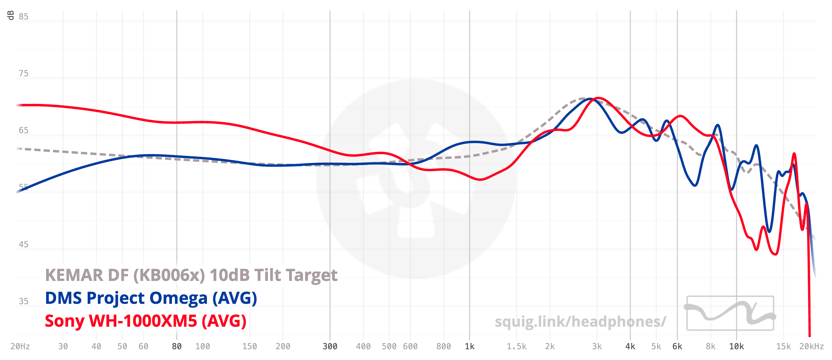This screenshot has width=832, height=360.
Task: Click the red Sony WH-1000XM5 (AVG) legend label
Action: click(x=146, y=321)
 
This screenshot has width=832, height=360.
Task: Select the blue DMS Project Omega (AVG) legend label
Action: click(x=151, y=298)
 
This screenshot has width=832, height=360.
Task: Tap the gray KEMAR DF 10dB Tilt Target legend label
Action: click(x=191, y=275)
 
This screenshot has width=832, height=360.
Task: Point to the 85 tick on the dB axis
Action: click(x=24, y=17)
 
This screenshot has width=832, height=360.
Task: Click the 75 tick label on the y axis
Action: click(x=24, y=74)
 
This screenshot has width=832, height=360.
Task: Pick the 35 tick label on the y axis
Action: click(x=24, y=301)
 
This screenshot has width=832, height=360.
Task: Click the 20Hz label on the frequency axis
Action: click(x=20, y=346)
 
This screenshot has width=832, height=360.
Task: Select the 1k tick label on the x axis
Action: click(x=470, y=346)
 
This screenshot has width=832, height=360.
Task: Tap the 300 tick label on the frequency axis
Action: click(x=330, y=346)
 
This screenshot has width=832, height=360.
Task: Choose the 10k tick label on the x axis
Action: click(x=736, y=346)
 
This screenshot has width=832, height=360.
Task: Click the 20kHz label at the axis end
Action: click(x=811, y=346)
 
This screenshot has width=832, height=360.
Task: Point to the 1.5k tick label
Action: click(x=517, y=346)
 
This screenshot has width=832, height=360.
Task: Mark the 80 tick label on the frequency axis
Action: click(x=177, y=346)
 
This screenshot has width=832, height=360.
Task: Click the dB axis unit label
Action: click(x=11, y=15)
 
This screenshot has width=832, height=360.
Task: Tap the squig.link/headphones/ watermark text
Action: click(x=580, y=322)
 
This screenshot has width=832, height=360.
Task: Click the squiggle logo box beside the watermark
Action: click(x=730, y=313)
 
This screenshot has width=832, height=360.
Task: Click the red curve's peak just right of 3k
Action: click(x=598, y=98)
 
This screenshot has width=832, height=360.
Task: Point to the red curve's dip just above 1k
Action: click(x=480, y=179)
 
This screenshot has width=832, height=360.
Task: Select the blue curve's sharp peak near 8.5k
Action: click(x=717, y=125)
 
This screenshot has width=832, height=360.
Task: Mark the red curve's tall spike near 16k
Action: click(x=794, y=153)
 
